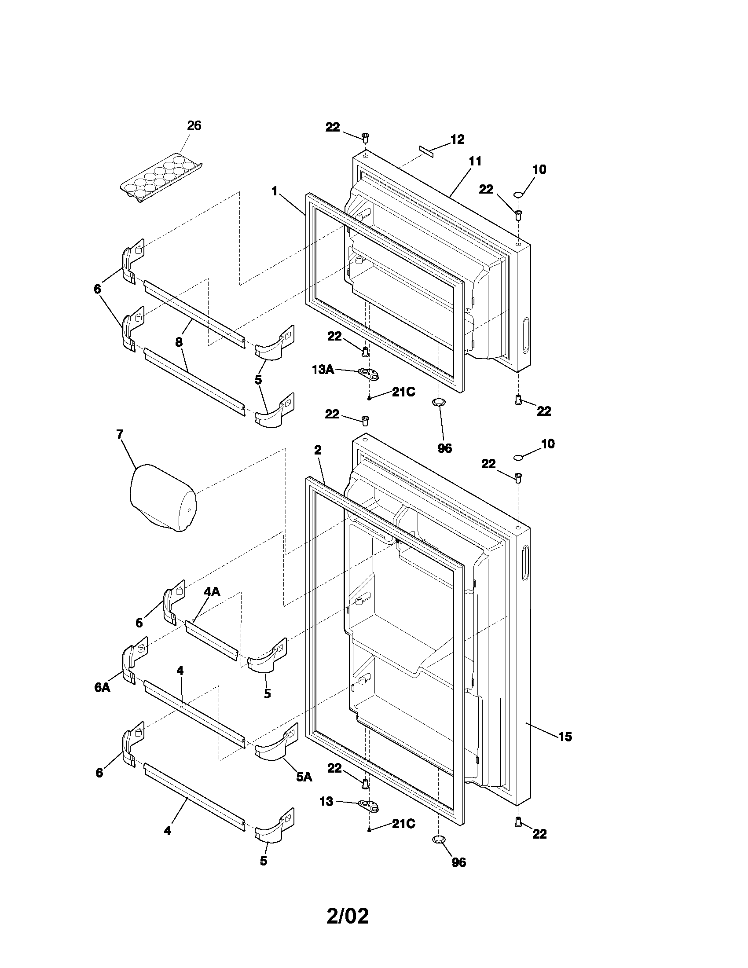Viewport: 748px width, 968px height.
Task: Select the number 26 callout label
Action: point(194,126)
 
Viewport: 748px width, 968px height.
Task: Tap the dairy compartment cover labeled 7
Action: point(163,498)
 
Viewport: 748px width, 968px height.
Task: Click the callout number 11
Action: point(475,161)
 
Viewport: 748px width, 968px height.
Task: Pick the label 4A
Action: point(212,592)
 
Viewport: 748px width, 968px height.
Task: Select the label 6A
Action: point(102,687)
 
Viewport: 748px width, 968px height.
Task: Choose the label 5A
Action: point(304,777)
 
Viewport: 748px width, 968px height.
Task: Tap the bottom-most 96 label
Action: point(459,875)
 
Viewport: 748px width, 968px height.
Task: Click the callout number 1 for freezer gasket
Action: point(275,191)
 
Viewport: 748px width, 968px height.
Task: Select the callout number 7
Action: point(120,434)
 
